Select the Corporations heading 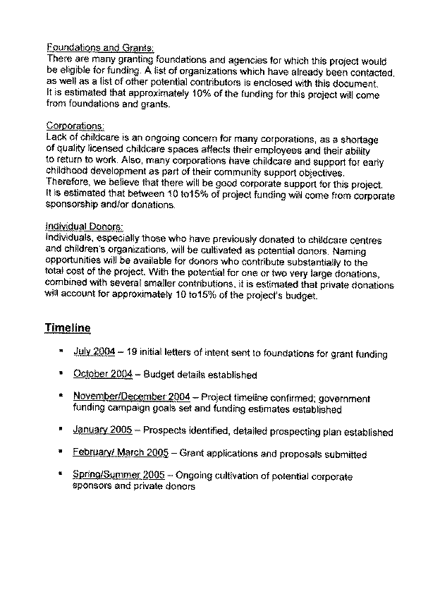(x=74, y=126)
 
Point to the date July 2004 (x=94, y=352)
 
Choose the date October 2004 (x=103, y=375)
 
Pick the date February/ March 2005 (x=119, y=454)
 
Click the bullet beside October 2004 (x=62, y=375)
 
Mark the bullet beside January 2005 (x=62, y=430)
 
